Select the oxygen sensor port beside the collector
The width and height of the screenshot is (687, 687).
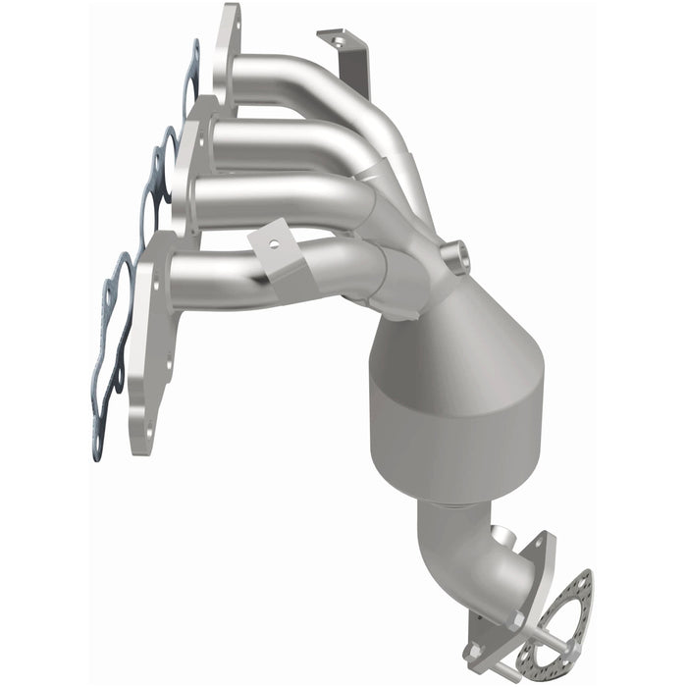pyautogui.click(x=454, y=258)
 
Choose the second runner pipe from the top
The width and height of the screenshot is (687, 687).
pyautogui.click(x=285, y=142)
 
